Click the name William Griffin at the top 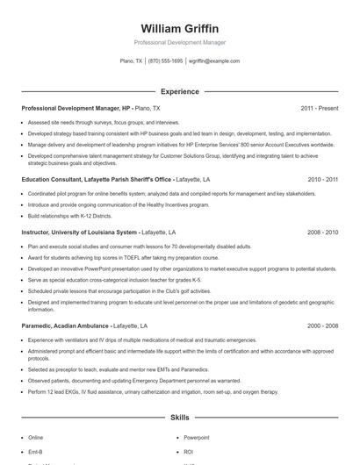(x=179, y=28)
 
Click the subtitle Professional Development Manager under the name (x=179, y=42)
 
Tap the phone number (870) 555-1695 (x=165, y=61)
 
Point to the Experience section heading (x=179, y=91)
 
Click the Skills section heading (x=179, y=418)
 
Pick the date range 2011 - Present (x=319, y=108)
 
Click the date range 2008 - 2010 (x=322, y=232)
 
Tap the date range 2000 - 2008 (x=322, y=325)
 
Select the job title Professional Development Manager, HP (x=76, y=108)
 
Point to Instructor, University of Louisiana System (x=80, y=232)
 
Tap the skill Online (x=35, y=437)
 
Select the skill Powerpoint (x=196, y=437)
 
